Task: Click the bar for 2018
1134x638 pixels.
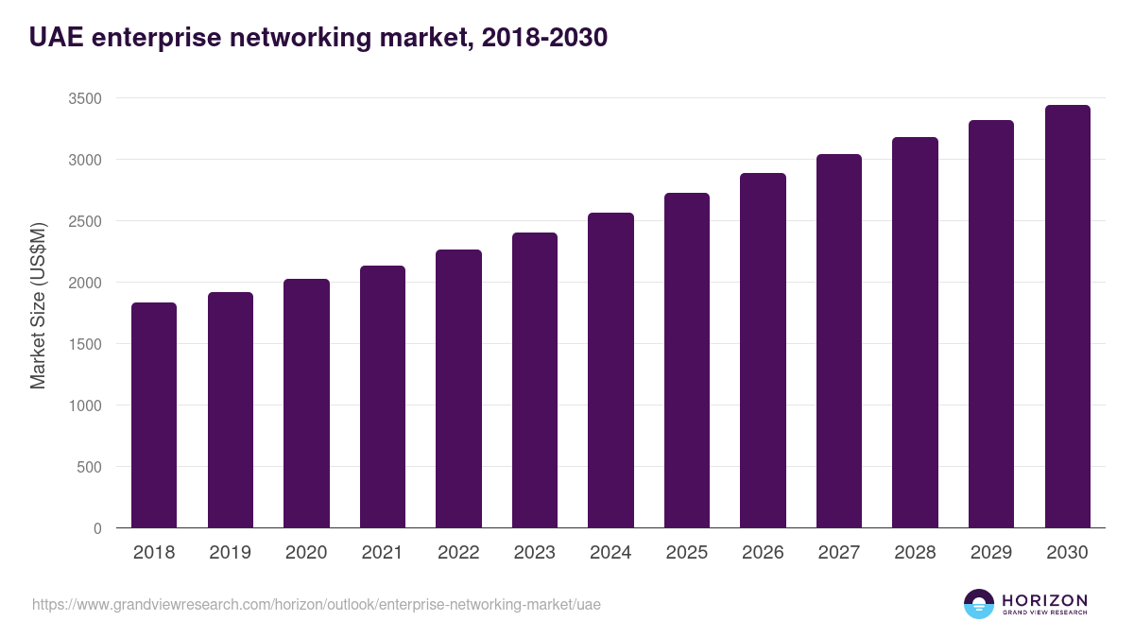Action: click(154, 415)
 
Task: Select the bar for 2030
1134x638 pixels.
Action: click(1067, 316)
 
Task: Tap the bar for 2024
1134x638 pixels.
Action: click(610, 370)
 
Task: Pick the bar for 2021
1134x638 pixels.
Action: click(383, 396)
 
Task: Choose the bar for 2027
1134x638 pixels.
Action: click(839, 340)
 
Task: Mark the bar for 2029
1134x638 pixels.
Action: click(991, 323)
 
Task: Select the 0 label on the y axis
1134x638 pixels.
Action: click(97, 528)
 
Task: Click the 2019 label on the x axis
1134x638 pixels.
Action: click(230, 553)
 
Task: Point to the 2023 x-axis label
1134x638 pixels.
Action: click(534, 553)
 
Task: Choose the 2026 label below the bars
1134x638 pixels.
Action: click(763, 553)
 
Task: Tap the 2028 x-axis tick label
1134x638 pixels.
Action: click(915, 553)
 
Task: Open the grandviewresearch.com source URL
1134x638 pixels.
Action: click(316, 604)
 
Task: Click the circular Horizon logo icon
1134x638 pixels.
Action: click(979, 604)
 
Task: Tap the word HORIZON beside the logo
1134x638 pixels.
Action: click(1044, 600)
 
